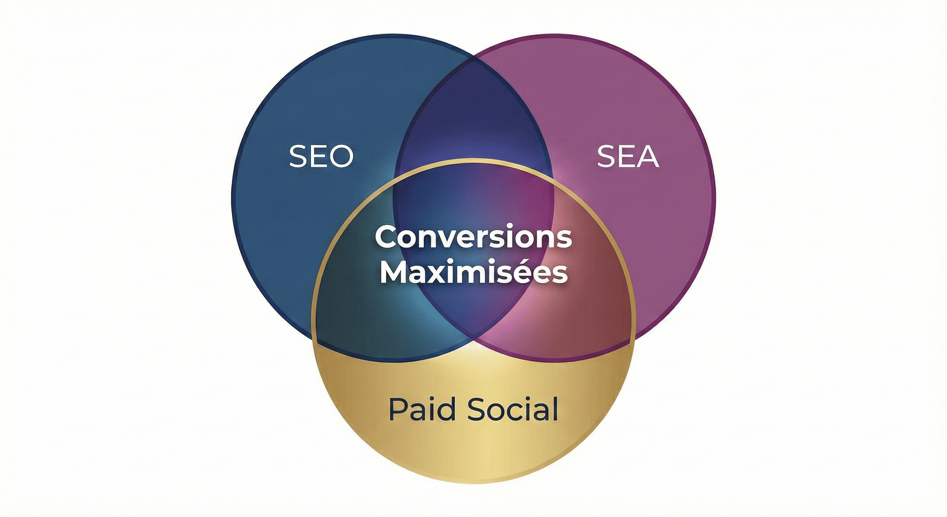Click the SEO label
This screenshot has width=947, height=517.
(x=321, y=157)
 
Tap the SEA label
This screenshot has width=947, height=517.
(x=628, y=157)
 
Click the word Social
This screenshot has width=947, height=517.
(x=513, y=409)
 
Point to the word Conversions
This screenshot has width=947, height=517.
(x=473, y=238)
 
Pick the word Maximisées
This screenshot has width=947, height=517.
(x=473, y=272)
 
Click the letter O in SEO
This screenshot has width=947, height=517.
(x=342, y=157)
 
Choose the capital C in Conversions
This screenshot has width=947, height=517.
(x=387, y=238)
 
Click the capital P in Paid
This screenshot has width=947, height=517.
(x=398, y=409)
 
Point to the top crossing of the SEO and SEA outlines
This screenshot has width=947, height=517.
(x=473, y=58)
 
